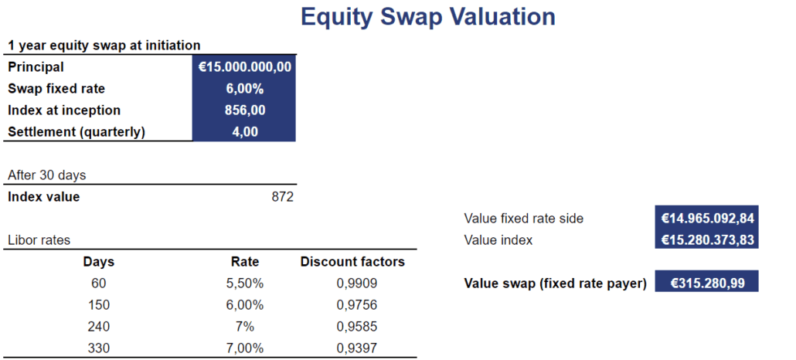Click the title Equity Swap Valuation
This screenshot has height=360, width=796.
[427, 17]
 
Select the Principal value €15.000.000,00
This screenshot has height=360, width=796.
[244, 67]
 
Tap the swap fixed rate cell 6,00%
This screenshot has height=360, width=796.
[244, 89]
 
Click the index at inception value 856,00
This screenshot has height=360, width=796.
[244, 110]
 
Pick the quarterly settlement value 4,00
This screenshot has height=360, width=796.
[244, 132]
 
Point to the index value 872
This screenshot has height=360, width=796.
[282, 197]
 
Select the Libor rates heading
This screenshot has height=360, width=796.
[39, 240]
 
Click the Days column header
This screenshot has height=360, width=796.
[99, 262]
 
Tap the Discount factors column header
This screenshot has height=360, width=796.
[352, 262]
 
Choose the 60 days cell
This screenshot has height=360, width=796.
[99, 284]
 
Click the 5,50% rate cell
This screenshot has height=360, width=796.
[245, 284]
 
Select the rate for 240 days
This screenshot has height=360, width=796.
[245, 327]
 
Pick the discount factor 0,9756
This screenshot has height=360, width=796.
[357, 305]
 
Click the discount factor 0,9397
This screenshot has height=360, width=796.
[357, 348]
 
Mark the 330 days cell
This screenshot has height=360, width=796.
[99, 348]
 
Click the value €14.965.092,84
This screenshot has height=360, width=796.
[706, 219]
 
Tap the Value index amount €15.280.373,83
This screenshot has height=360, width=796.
[706, 240]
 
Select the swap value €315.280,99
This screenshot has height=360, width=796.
[706, 284]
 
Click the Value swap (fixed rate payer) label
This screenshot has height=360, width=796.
[555, 284]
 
